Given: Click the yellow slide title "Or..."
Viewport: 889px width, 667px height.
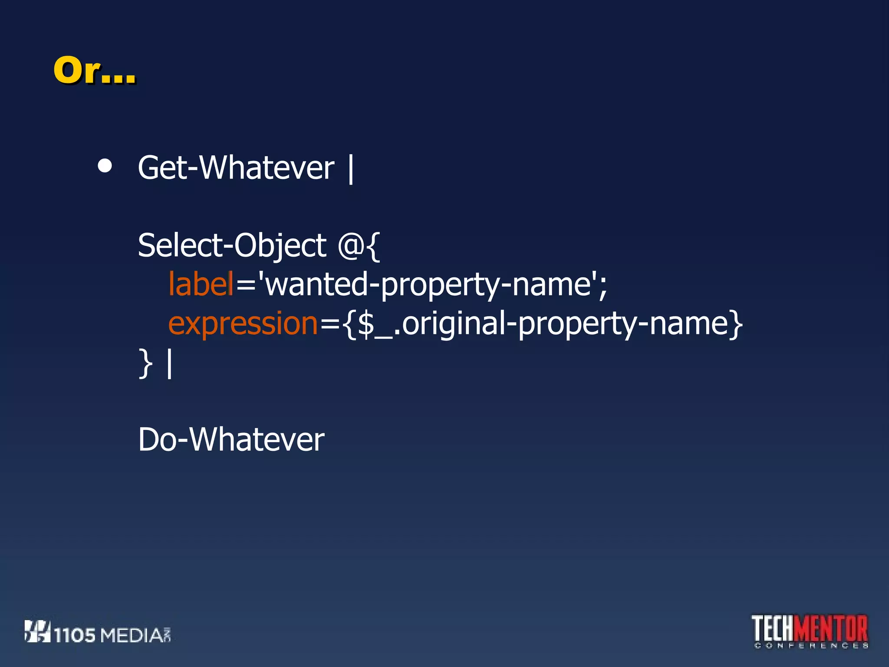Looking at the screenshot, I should pos(94,70).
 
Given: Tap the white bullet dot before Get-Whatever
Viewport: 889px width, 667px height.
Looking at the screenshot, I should pos(105,165).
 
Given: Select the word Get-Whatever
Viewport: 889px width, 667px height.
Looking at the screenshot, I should pos(236,168).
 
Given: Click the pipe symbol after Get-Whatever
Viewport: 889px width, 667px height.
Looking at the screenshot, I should pos(351,169).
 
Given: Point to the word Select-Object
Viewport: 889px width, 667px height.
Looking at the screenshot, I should pos(232,245).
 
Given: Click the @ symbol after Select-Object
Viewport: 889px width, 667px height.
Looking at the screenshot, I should pos(351,246).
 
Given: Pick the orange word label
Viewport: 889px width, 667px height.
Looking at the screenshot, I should pos(201,284).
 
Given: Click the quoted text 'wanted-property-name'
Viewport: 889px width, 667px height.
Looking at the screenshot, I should pos(427,285).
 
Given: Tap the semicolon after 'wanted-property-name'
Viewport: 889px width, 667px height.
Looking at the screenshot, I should pos(603,287).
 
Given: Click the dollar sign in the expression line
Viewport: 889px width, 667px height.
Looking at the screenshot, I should pos(366,324).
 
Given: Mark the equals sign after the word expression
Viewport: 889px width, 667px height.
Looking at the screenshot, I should pos(330,324).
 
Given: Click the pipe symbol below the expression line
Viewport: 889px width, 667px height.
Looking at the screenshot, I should pos(170,364).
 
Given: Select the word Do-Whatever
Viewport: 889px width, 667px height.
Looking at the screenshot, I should pos(231,439).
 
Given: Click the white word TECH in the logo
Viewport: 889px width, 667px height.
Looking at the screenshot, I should pos(774,628).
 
